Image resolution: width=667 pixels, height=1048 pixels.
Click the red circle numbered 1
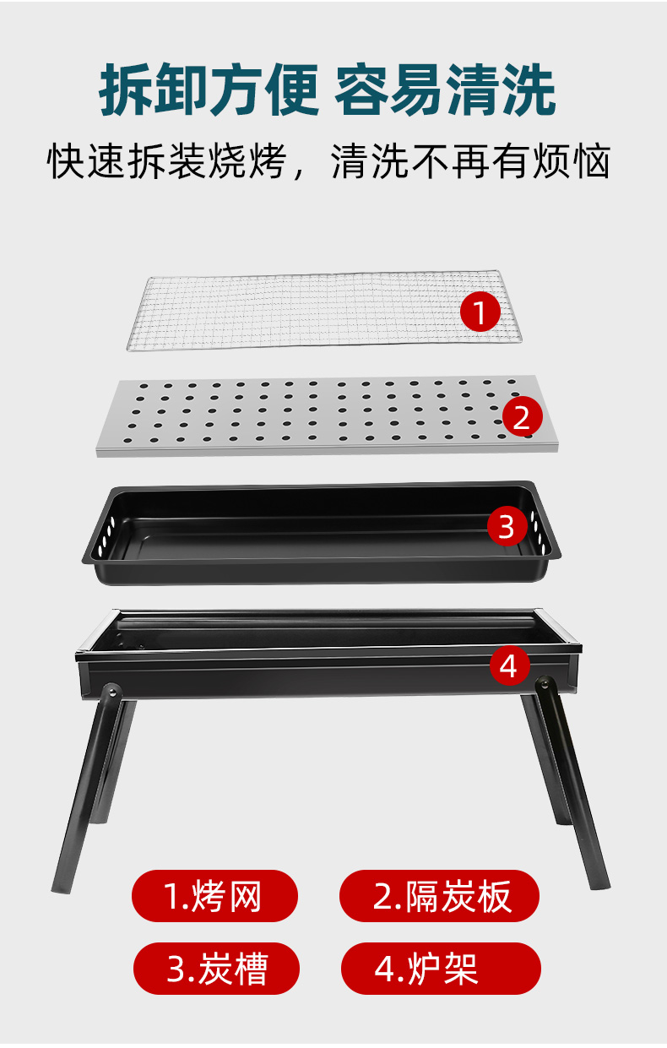click(x=480, y=312)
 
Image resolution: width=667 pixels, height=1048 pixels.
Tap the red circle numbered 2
click(x=523, y=416)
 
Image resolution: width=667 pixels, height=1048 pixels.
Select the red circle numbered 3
click(x=507, y=525)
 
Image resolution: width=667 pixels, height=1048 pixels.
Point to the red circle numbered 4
click(x=510, y=665)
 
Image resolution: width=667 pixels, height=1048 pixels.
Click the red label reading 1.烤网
click(x=214, y=896)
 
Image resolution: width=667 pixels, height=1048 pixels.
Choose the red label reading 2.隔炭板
click(x=439, y=896)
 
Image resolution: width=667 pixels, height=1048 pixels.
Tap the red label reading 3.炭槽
click(x=217, y=969)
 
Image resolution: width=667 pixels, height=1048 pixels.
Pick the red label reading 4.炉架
click(x=441, y=969)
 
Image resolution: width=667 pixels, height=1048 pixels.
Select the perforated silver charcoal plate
click(x=328, y=415)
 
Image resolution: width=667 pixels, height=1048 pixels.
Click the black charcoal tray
click(x=322, y=534)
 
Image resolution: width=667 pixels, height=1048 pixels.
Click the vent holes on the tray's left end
click(x=106, y=536)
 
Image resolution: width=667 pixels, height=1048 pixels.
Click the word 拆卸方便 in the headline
click(x=209, y=90)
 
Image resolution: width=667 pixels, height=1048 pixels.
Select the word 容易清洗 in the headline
click(x=445, y=90)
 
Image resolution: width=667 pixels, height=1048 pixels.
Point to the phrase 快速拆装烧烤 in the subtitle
click(x=167, y=161)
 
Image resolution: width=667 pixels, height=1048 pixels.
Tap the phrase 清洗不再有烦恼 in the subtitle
click(x=470, y=161)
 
